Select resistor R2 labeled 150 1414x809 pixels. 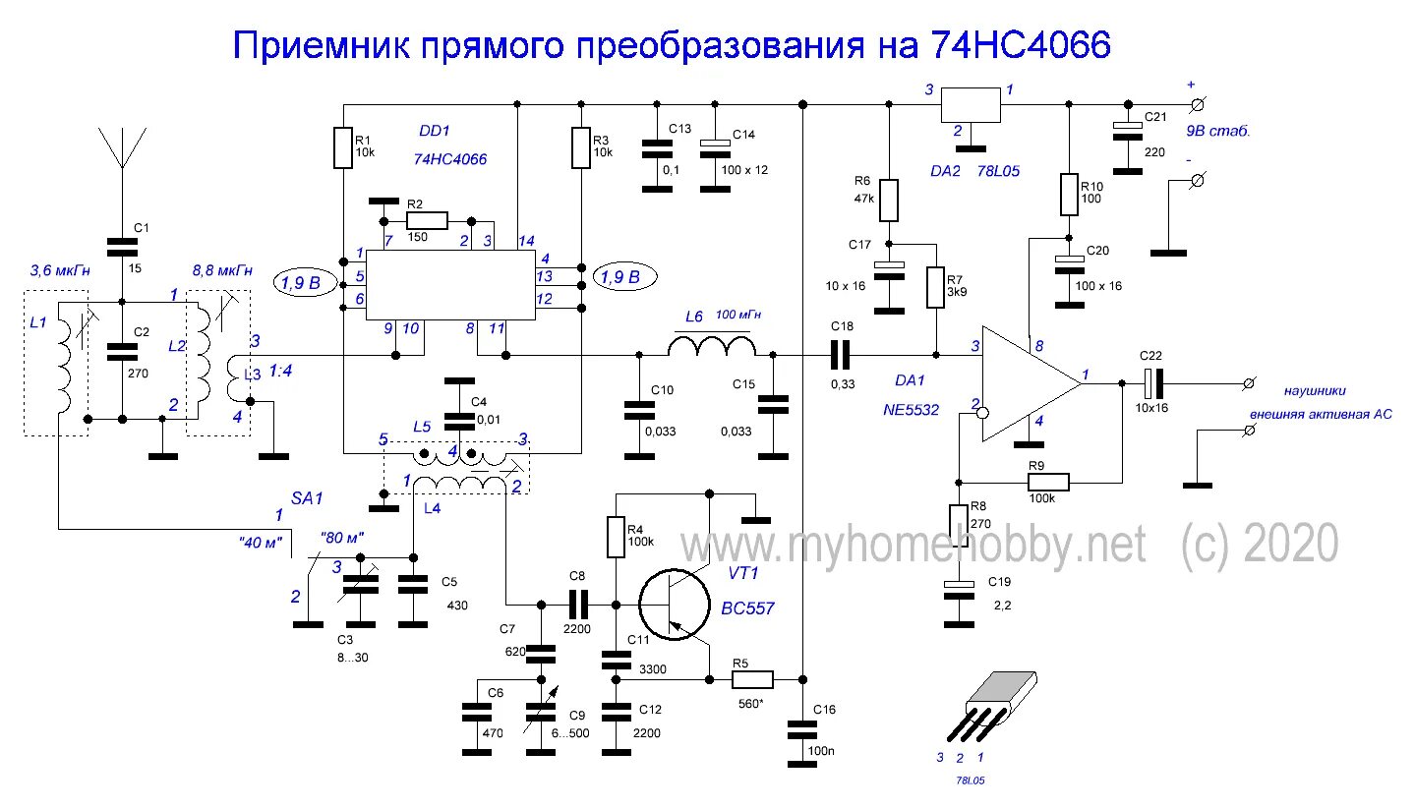[426, 221]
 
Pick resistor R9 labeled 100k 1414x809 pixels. [1047, 482]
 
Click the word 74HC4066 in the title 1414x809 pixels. [1016, 46]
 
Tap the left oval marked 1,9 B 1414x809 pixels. [300, 282]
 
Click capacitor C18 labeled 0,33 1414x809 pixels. [843, 355]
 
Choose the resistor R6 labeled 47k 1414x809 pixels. [888, 200]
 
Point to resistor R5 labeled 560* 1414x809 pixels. [752, 678]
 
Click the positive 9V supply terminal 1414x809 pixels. [1198, 104]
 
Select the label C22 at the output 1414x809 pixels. [1150, 355]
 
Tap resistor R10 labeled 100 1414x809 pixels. [1069, 194]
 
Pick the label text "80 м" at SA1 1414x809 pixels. [343, 538]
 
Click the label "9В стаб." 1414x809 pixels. [1220, 130]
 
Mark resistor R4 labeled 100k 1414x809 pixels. [616, 536]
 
